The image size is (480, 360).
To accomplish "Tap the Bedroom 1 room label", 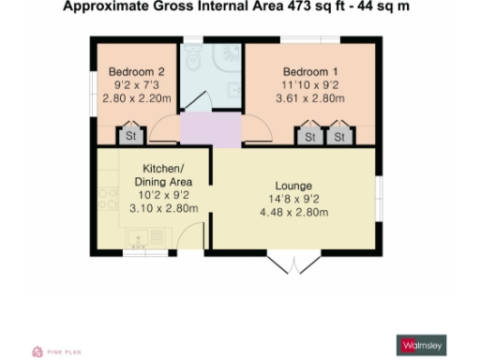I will [x=307, y=71].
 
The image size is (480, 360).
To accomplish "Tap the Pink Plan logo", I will [x=56, y=352].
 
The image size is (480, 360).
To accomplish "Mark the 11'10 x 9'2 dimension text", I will [x=307, y=84].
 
